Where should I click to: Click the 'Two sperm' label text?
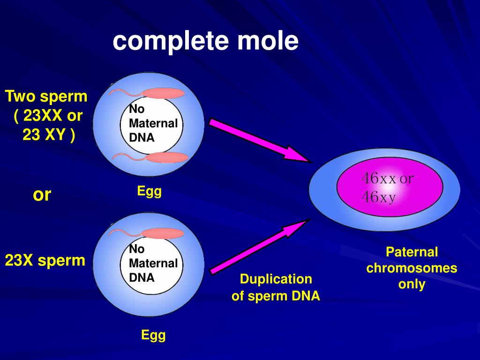46,97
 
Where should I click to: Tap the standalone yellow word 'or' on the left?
42,194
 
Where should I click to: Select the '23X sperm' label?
45,260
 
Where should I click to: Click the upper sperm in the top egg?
162,93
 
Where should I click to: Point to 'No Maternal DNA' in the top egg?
153,123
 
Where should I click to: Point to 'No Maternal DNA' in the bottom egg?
153,263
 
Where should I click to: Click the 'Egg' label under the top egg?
149,191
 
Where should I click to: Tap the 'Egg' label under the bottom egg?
153,335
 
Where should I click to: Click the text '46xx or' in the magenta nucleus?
387,179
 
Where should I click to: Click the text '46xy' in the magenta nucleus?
378,198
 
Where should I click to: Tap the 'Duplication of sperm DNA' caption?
276,287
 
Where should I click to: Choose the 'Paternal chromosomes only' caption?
412,268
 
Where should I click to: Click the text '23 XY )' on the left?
48,135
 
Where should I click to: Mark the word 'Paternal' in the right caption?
412,252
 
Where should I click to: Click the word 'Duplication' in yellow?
276,279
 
